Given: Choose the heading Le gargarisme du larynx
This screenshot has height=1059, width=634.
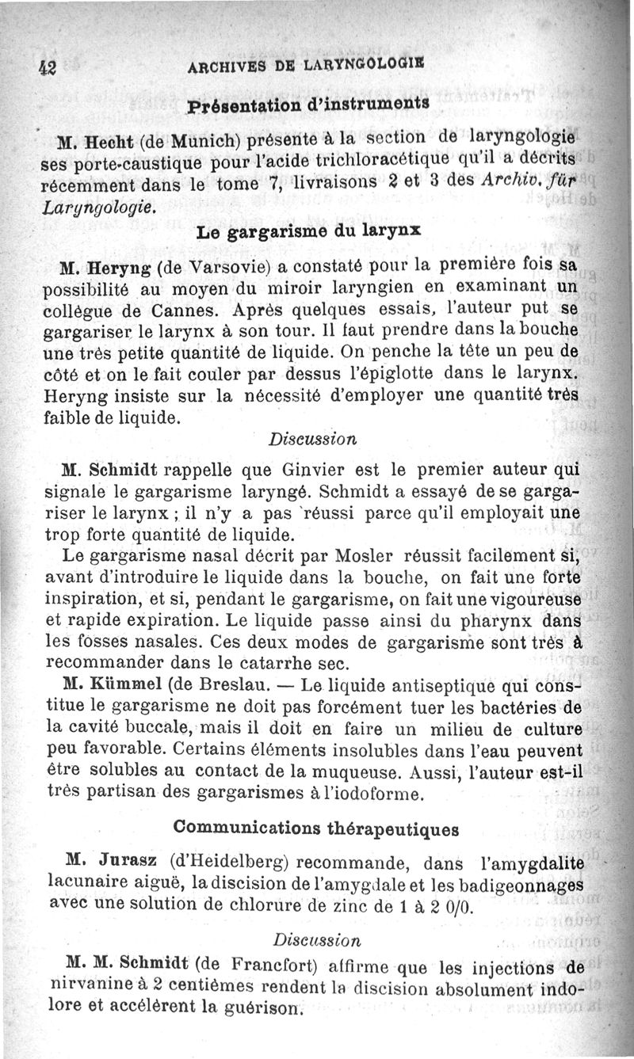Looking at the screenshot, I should click(x=308, y=232).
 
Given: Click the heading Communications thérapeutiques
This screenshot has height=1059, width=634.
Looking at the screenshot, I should click(x=315, y=829).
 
